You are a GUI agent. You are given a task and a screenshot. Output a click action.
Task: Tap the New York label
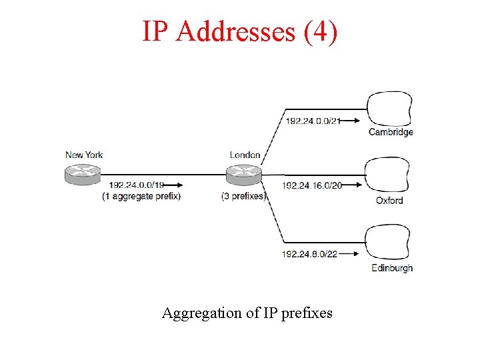point(84,155)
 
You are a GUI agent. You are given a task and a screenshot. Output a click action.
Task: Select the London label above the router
point(245,155)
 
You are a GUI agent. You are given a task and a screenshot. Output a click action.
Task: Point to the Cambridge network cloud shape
point(389,109)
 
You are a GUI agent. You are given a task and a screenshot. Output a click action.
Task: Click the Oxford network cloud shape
point(389,175)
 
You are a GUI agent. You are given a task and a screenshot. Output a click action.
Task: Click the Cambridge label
point(391,132)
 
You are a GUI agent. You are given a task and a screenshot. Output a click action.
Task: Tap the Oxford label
point(389,200)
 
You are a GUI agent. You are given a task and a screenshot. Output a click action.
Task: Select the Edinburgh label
point(391,268)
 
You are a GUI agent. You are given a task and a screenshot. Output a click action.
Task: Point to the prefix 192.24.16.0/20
point(312,185)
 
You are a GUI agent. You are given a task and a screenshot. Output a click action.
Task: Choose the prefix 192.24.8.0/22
point(309,254)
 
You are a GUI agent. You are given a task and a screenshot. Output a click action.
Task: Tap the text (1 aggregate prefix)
point(141,196)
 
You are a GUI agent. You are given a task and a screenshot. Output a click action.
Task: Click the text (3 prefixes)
point(244,196)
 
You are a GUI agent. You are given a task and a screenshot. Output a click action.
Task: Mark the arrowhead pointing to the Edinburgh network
point(359,254)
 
